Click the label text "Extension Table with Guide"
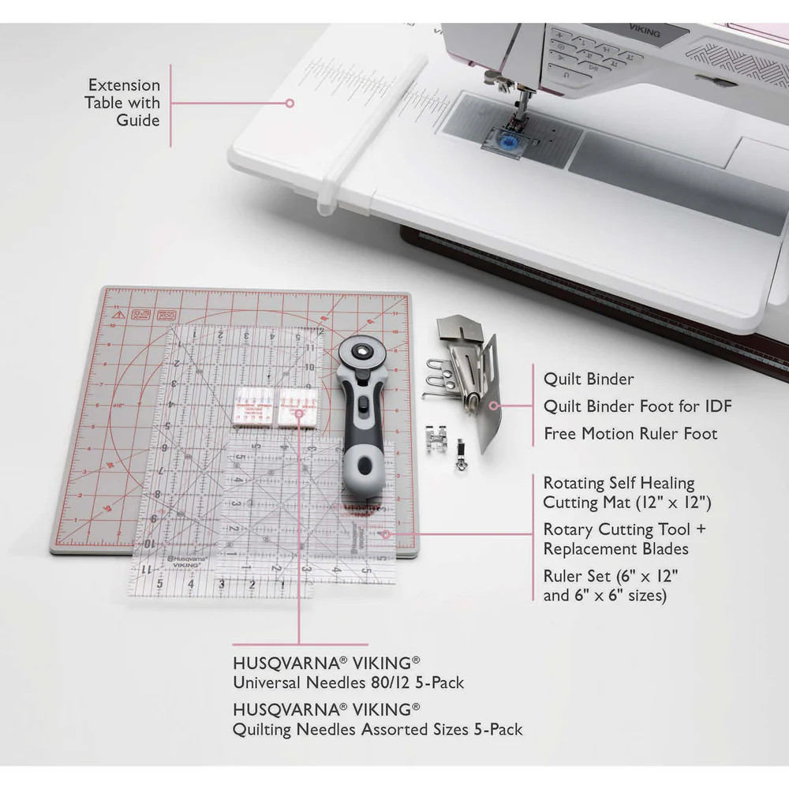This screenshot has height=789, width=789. tap(124, 103)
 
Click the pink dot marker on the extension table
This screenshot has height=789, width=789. tap(290, 103)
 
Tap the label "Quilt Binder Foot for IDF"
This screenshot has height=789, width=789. tap(638, 406)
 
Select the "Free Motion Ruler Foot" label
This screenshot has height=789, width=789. tap(630, 434)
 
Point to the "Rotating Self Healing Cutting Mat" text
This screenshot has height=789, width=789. tap(619, 492)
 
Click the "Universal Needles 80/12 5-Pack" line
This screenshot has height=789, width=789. tap(348, 682)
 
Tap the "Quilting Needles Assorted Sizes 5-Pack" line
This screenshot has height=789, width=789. tap(377, 730)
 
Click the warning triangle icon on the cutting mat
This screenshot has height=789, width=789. tap(118, 316)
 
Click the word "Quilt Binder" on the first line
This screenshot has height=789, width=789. tap(589, 379)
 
